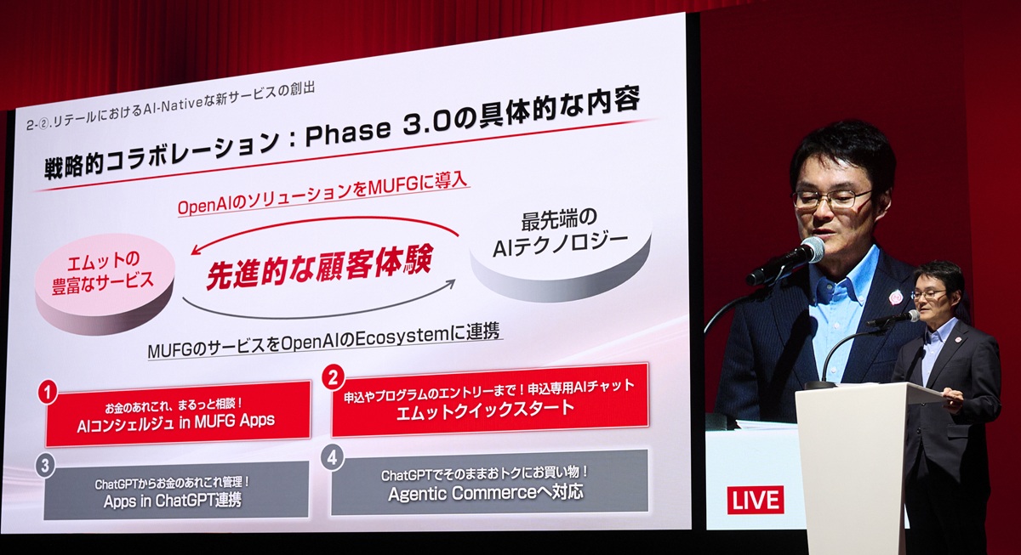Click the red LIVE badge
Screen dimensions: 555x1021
[x=755, y=500]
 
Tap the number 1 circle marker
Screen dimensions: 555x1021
[x=48, y=393]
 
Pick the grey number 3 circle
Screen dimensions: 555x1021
[x=45, y=465]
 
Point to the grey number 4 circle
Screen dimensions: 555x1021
[x=332, y=456]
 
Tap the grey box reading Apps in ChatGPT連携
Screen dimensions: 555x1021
[x=176, y=490]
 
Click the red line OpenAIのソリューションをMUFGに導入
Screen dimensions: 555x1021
[x=323, y=196]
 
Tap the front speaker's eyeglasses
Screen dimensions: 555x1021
[x=832, y=199]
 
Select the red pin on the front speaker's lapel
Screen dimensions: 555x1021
[x=895, y=297]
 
